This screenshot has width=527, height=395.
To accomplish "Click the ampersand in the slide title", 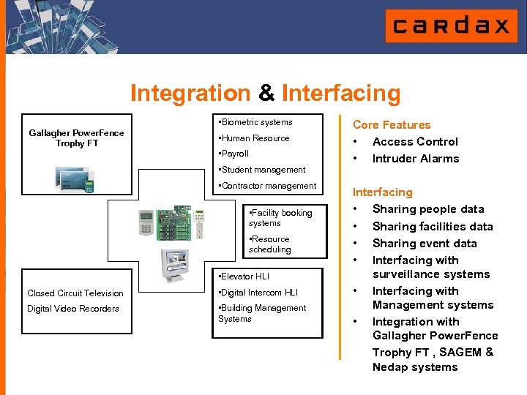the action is [x=266, y=94].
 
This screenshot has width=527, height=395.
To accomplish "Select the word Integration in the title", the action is [x=190, y=94].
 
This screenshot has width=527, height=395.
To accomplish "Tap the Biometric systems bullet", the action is [x=255, y=122].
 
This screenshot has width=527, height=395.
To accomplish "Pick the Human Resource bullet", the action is [x=254, y=138].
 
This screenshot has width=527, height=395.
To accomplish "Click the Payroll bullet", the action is [x=234, y=154].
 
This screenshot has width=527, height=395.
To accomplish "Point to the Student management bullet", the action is [x=261, y=170].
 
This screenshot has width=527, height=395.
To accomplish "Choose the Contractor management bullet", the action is [x=267, y=186].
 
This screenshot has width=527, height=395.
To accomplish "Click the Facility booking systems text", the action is [x=280, y=218].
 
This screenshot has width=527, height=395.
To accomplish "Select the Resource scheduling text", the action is [x=270, y=244].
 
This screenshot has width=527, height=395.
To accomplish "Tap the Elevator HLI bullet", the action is [x=244, y=276].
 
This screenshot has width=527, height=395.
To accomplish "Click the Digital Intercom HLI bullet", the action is [x=258, y=293].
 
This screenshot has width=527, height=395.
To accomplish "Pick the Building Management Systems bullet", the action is [x=262, y=313].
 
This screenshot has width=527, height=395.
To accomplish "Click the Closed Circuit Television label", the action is [x=75, y=293].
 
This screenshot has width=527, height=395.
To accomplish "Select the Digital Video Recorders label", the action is [x=73, y=309].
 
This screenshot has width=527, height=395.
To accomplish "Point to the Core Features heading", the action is [x=392, y=125].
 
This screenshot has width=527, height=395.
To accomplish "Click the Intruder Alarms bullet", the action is [x=415, y=159].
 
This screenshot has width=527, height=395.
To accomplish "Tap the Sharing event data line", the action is [x=424, y=244].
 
